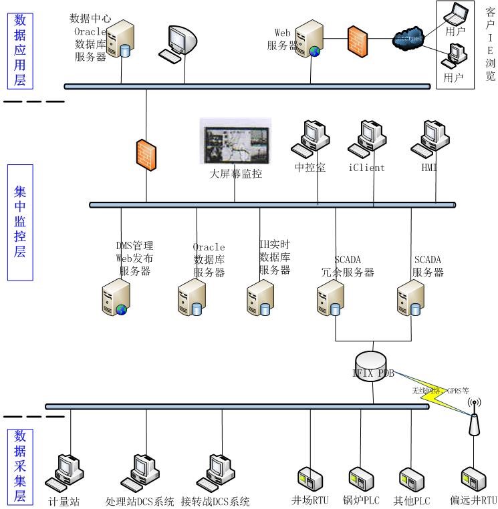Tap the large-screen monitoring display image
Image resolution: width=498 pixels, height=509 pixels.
[x=236, y=142]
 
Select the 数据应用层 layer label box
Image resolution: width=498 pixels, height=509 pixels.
[x=20, y=50]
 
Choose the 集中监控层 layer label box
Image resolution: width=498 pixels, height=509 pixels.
[x=20, y=222]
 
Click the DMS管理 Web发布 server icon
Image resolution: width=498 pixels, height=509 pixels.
[x=115, y=298]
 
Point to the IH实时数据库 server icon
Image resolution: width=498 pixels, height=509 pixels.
[x=259, y=298]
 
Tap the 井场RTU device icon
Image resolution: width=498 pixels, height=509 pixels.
[x=309, y=480]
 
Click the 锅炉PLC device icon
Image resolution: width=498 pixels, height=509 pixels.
[x=360, y=480]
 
